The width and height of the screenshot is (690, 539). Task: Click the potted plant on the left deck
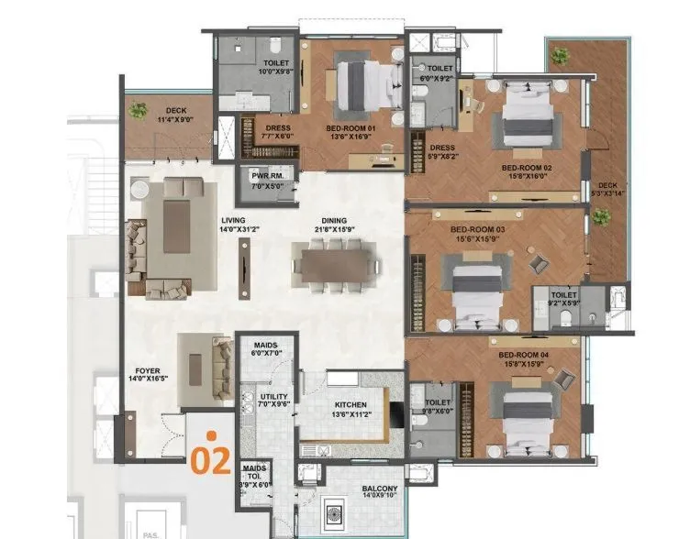pyautogui.click(x=138, y=111)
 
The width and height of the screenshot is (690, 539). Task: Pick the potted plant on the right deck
pyautogui.click(x=601, y=217)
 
